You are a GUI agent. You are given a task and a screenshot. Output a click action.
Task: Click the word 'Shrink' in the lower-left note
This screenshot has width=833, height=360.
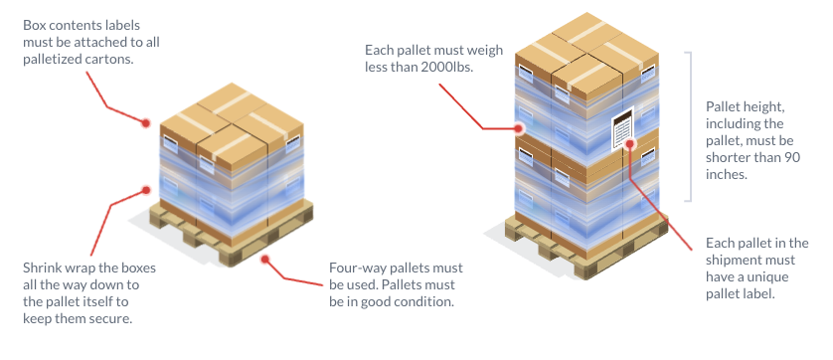coord(39,268)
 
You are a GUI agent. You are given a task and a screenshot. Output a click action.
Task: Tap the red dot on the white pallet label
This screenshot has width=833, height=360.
coord(630,143)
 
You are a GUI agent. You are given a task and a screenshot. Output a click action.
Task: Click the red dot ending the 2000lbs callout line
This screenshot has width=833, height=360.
coord(519,128)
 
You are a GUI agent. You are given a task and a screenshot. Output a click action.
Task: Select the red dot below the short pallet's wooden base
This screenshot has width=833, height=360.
coord(265,259)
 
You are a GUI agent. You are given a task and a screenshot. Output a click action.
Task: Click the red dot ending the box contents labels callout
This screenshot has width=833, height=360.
coord(145,123)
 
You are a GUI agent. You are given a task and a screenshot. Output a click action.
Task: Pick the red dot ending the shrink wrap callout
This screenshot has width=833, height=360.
coord(146,190)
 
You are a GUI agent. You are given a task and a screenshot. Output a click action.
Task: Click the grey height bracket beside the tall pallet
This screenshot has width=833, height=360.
coord(690,126)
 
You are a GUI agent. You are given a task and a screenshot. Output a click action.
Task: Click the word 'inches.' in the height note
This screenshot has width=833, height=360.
coord(727,174)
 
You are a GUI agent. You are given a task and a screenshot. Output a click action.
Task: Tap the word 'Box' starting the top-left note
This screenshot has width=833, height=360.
coord(33,25)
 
